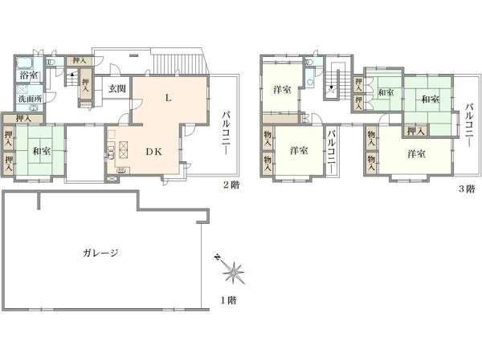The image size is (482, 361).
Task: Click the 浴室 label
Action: click(x=29, y=75)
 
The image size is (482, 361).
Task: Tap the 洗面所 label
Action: click(x=30, y=99)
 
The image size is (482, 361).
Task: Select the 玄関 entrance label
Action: click(x=117, y=89)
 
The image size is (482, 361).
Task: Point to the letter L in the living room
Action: click(x=168, y=98)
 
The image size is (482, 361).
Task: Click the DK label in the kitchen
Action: click(x=153, y=152)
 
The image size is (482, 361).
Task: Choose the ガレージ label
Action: click(x=100, y=253)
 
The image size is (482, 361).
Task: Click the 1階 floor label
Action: click(x=228, y=300)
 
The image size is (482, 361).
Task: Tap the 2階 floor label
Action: click(x=231, y=185)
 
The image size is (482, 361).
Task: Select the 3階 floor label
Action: click(x=467, y=189)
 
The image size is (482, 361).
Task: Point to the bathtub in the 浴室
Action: click(x=26, y=63)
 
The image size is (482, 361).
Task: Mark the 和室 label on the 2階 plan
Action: click(x=42, y=151)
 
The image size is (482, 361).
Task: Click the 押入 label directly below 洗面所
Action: click(x=23, y=119)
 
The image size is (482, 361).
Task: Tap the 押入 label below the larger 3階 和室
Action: click(x=415, y=131)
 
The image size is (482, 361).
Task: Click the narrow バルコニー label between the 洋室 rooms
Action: click(x=331, y=152)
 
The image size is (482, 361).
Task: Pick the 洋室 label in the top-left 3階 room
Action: click(x=282, y=90)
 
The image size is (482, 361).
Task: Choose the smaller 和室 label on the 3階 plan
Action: click(x=386, y=92)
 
